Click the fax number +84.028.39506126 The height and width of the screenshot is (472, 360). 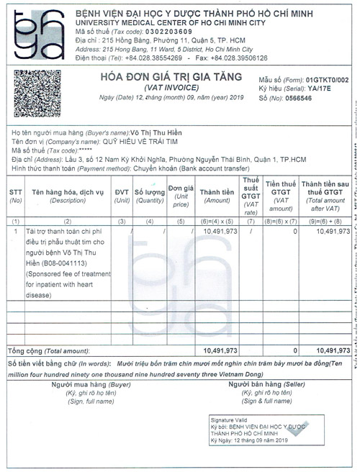240,57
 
